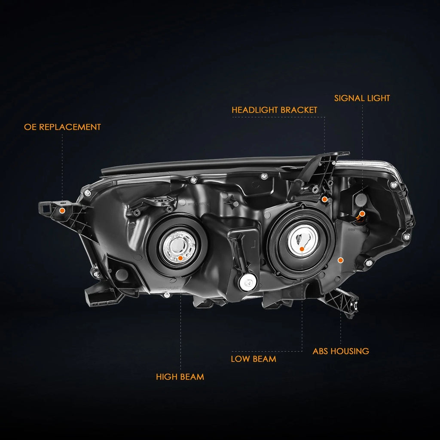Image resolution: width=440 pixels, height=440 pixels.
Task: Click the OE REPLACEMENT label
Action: pyautogui.click(x=62, y=127)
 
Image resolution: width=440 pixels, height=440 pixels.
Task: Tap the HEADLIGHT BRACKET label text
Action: pyautogui.click(x=275, y=110)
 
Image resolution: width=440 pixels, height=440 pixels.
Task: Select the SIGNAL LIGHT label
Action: pyautogui.click(x=362, y=98)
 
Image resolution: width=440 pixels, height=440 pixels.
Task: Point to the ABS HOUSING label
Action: pyautogui.click(x=341, y=351)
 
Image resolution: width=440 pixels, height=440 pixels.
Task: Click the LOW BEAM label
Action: pyautogui.click(x=254, y=359)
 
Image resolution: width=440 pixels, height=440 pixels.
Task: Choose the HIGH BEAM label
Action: pyautogui.click(x=180, y=377)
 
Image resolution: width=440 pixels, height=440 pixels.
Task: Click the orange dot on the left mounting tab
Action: pyautogui.click(x=62, y=211)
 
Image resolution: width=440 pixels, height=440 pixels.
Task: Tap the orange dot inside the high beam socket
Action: pyautogui.click(x=180, y=258)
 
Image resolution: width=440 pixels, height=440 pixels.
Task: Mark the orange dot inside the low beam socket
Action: pyautogui.click(x=302, y=249)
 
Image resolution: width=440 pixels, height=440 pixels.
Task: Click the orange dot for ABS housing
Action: pyautogui.click(x=341, y=260)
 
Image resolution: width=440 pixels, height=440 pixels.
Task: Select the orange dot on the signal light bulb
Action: pyautogui.click(x=362, y=214)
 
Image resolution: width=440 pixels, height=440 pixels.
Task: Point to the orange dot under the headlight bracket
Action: pyautogui.click(x=324, y=199)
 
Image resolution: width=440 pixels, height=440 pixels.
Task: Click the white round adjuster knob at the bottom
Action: pyautogui.click(x=248, y=282)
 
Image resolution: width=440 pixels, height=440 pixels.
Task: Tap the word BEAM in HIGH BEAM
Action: pyautogui.click(x=192, y=377)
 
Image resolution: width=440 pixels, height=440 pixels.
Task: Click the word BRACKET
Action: pyautogui.click(x=299, y=110)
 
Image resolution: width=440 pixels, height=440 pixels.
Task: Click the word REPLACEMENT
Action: pyautogui.click(x=70, y=127)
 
